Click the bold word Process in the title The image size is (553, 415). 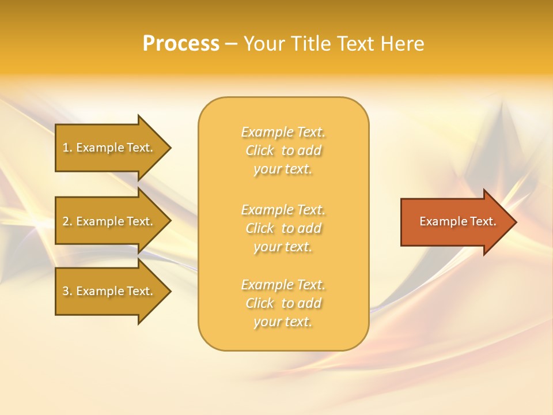[181, 44]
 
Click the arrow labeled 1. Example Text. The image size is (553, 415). [109, 148]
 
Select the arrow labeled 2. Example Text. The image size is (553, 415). [109, 221]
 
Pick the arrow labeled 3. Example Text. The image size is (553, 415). [109, 291]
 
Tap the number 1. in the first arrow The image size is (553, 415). [67, 148]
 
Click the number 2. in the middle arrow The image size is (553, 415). [67, 221]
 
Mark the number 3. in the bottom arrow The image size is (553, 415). [67, 291]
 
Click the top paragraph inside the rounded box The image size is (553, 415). [283, 150]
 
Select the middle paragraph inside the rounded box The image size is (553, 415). [283, 228]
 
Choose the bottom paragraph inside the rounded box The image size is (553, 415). [283, 303]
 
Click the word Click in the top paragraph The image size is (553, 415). [260, 150]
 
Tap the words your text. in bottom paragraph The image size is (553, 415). [283, 322]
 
